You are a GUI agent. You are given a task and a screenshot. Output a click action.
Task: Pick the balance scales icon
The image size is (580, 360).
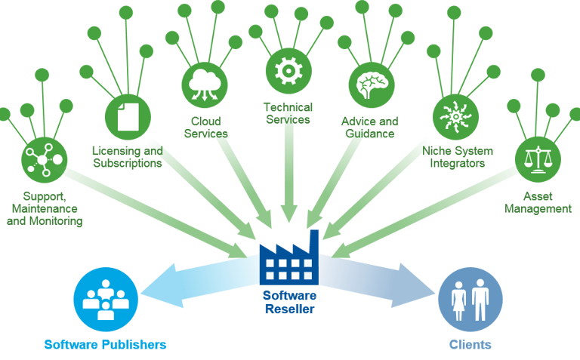click(x=538, y=159)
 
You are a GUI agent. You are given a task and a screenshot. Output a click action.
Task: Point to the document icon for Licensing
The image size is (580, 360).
click(x=127, y=117)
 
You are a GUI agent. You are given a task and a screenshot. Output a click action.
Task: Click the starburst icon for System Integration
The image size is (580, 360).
click(x=455, y=117)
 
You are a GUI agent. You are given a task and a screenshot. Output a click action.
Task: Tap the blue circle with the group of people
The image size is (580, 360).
click(x=106, y=300)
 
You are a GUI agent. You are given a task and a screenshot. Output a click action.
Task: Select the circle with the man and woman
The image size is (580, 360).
click(x=470, y=300)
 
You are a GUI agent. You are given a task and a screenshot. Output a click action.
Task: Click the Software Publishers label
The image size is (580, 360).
click(x=106, y=345)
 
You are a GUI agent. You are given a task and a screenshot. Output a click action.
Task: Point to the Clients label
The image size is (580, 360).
click(x=470, y=345)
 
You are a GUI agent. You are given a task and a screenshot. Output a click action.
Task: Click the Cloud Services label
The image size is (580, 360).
click(x=205, y=128)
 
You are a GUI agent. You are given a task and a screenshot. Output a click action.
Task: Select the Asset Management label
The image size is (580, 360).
click(x=538, y=202)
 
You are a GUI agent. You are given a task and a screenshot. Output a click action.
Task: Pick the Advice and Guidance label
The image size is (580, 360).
click(x=369, y=128)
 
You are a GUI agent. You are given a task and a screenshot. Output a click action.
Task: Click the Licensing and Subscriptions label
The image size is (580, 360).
click(x=127, y=156)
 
